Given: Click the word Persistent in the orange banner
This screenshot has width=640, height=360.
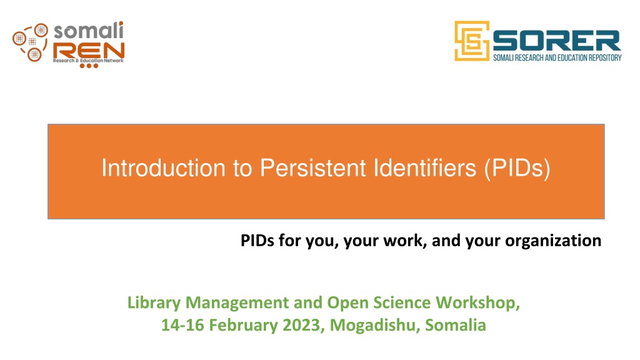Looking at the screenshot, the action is [x=313, y=167].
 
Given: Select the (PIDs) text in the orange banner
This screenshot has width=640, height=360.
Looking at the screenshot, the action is [x=517, y=169].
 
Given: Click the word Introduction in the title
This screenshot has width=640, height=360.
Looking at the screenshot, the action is [x=164, y=167].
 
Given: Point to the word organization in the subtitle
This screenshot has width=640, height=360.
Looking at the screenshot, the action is [x=553, y=241].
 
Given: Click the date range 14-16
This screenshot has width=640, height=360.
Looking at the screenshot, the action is [x=182, y=325].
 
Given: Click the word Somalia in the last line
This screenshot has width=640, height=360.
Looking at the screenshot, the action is [x=456, y=325].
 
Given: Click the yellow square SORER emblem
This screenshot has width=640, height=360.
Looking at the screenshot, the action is [x=472, y=41].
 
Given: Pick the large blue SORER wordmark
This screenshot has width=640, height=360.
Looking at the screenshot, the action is [x=557, y=41].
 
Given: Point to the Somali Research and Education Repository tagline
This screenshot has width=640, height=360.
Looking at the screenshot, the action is [x=557, y=57].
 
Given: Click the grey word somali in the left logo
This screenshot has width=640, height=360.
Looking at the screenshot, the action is [x=89, y=31].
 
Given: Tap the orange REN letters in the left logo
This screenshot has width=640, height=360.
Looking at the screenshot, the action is [x=89, y=51].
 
